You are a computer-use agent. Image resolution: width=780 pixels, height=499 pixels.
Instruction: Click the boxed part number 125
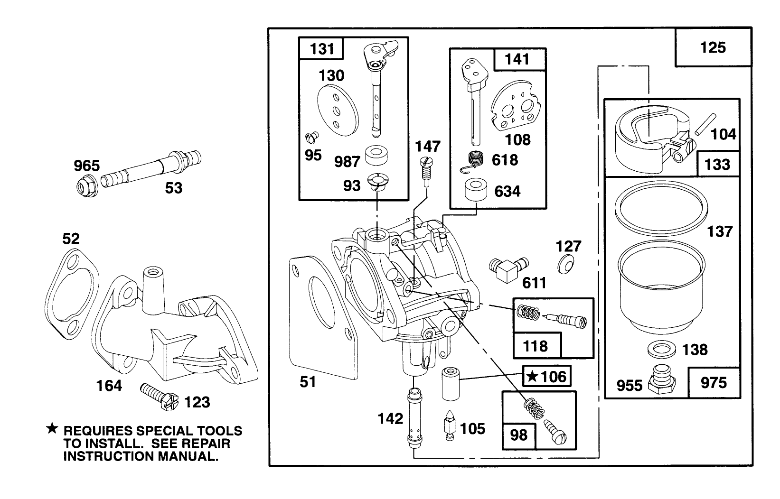tap(713, 47)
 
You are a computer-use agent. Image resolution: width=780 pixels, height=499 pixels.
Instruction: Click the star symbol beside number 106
tap(533, 377)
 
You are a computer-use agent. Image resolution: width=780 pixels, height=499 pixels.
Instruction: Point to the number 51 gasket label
tap(308, 381)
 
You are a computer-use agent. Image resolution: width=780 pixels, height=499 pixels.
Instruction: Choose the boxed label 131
tap(321, 49)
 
